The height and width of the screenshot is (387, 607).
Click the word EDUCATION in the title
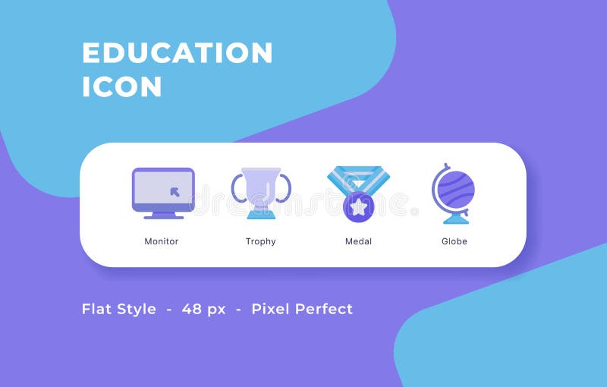pos(177,53)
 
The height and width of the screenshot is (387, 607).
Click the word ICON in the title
pos(121,87)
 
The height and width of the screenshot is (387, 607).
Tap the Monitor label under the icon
pos(162,241)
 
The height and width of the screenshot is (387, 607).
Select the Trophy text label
pos(260,241)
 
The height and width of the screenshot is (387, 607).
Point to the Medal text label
pos(358,241)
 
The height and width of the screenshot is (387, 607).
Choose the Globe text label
pos(454,241)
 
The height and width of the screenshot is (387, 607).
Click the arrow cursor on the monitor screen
pos(175,191)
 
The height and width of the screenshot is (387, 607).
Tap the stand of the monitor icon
pos(163,215)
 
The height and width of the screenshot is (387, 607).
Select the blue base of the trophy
pos(261,215)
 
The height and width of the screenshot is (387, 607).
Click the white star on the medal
pos(358,206)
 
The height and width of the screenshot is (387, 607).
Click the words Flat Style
pos(119,309)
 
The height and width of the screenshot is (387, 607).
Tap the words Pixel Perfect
pos(302,309)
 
